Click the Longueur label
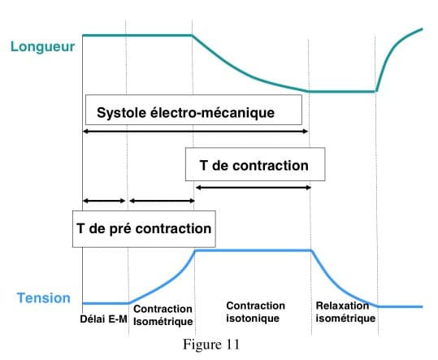pyautogui.click(x=42, y=46)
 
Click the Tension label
pyautogui.click(x=44, y=298)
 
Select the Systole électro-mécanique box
pyautogui.click(x=193, y=110)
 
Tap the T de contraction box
pyautogui.click(x=255, y=164)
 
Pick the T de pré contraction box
pyautogui.click(x=144, y=229)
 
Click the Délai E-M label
pyautogui.click(x=104, y=319)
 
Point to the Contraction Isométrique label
pyautogui.click(x=163, y=315)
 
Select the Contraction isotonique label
pyautogui.click(x=256, y=312)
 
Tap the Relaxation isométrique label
pyautogui.click(x=345, y=312)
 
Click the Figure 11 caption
pyautogui.click(x=211, y=344)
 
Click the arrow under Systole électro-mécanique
pyautogui.click(x=196, y=132)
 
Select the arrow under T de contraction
pyautogui.click(x=254, y=188)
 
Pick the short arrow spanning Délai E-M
pyautogui.click(x=104, y=201)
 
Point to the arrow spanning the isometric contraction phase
pyautogui.click(x=162, y=201)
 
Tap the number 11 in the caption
pyautogui.click(x=232, y=344)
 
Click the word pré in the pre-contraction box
pyautogui.click(x=120, y=229)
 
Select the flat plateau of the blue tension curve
pyautogui.click(x=254, y=250)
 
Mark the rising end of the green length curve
pyautogui.click(x=422, y=28)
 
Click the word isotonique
pyautogui.click(x=253, y=319)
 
